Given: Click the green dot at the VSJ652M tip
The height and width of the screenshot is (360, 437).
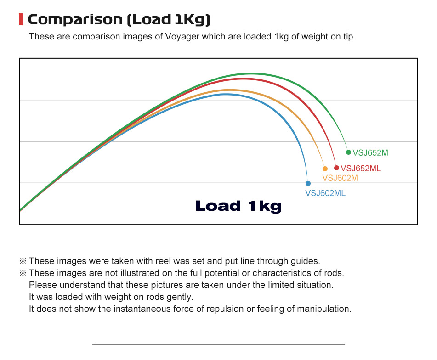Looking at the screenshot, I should tap(348, 152).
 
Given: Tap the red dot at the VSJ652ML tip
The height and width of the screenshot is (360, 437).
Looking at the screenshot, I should tap(336, 168).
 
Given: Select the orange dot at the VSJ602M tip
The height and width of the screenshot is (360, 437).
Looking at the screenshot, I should tap(325, 169).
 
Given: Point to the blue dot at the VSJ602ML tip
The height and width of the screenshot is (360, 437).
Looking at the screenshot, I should tap(308, 183).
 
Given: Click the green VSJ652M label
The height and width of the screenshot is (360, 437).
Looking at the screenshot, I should tap(370, 153).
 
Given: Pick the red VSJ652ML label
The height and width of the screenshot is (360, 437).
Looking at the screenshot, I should tap(361, 169).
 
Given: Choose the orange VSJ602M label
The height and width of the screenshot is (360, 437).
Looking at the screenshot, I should tap(340, 178).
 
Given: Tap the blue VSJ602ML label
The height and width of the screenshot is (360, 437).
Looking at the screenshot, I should tap(325, 193).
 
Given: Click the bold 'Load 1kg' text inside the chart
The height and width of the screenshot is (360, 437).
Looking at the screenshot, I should tap(238, 206).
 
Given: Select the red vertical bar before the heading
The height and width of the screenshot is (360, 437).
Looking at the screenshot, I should tap(21, 20).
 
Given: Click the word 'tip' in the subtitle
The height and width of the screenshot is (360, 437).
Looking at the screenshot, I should tap(348, 37).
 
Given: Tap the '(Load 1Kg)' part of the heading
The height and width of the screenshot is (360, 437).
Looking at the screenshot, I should tap(168, 20).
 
